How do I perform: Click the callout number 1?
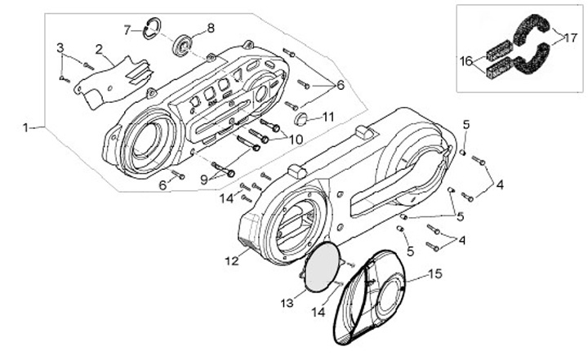point(25,128)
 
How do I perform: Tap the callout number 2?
point(99,50)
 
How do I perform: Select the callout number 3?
point(60,48)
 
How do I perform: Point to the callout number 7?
point(127,30)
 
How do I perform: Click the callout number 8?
point(211,28)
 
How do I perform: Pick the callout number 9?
point(204,180)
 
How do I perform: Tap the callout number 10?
point(296,140)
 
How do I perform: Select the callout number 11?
point(328,118)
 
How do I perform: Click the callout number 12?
point(232,260)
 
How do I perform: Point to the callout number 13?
point(287,303)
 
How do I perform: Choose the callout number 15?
point(435,273)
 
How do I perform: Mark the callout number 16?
point(466,61)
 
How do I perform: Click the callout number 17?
point(571,38)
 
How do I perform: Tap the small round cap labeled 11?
point(301,119)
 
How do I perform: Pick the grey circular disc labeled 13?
point(322,267)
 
